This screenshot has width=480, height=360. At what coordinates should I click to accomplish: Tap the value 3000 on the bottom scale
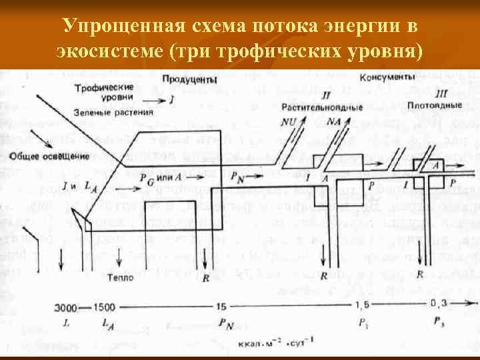67,307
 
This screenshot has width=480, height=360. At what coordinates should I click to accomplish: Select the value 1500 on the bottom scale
105,307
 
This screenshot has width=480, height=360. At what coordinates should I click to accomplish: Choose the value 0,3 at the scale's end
439,304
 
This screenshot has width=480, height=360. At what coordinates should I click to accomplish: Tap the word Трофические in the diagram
104,87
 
